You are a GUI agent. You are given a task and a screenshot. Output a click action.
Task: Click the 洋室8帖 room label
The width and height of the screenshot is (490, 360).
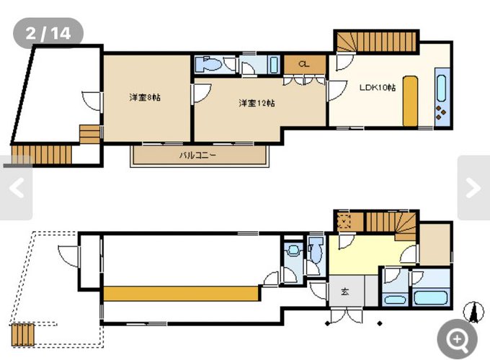point(145,97)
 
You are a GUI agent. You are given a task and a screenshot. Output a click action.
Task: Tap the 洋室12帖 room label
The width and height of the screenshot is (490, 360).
point(257,103)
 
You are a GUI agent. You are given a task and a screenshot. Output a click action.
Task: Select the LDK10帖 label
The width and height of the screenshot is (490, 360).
point(378,87)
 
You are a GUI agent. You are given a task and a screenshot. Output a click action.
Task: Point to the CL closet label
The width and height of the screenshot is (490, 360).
point(304,64)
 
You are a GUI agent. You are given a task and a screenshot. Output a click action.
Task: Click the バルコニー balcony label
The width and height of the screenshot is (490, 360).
point(197,156)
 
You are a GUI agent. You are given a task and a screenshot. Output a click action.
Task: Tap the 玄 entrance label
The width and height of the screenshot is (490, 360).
point(344,292)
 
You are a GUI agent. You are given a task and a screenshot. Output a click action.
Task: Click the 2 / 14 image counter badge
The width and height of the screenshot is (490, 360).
point(48,33)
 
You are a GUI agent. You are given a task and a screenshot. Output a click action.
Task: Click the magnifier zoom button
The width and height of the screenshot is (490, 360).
point(457,339)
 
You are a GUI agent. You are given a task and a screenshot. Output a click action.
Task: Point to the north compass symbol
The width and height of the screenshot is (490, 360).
point(474,312)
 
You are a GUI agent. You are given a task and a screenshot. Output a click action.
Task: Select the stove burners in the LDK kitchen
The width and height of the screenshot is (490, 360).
point(441,112)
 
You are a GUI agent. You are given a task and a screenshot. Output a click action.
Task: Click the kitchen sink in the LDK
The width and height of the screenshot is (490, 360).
point(442,88)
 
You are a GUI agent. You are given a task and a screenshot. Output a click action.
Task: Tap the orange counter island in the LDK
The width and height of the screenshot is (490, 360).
point(410,101)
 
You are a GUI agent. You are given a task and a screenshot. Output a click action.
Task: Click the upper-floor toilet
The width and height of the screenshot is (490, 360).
point(208,64)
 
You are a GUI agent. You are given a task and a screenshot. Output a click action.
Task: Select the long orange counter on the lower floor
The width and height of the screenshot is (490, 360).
point(182,294)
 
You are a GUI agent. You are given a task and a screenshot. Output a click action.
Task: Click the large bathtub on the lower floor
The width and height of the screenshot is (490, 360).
point(430,297)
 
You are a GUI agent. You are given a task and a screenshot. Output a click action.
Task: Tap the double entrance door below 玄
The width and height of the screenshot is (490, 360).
point(347,315)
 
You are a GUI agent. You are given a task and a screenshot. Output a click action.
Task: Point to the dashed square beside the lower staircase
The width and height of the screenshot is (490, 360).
point(344,221)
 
